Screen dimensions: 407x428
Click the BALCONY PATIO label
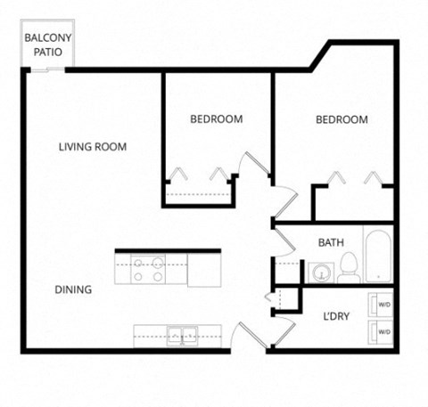[43, 45]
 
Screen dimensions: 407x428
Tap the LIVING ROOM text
[93, 147]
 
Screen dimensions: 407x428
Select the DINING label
[73, 289]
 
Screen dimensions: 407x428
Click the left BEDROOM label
[216, 119]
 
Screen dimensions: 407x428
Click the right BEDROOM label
[342, 119]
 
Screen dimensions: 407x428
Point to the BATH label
[332, 241]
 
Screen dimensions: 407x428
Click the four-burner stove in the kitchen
[148, 269]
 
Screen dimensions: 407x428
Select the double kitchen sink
[183, 336]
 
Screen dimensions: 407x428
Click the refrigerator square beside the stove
[203, 269]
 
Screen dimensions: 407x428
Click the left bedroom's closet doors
[199, 174]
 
